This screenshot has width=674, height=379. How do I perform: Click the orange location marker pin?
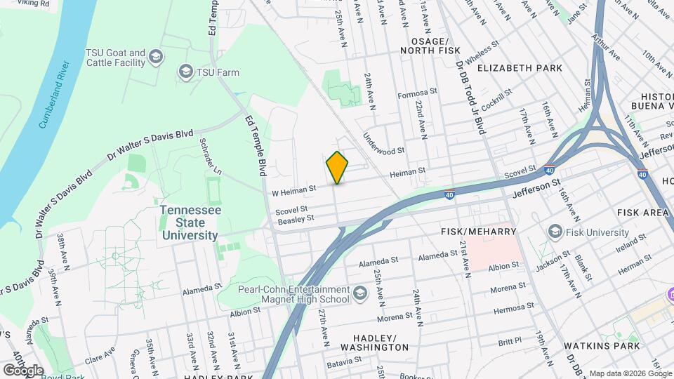coord(337,167)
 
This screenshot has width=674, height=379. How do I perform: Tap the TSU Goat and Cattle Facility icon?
coord(156,57)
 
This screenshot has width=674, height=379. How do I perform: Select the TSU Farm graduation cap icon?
coord(185,72)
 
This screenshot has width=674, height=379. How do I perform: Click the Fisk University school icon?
coord(555,232)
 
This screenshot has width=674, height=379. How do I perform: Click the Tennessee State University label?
coord(190,222)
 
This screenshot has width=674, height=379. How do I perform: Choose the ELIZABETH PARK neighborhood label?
coord(520,68)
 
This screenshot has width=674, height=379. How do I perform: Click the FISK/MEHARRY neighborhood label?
coord(478,231)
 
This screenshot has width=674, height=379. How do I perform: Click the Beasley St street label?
coord(295,220)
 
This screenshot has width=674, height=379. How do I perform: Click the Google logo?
coord(23,370)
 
